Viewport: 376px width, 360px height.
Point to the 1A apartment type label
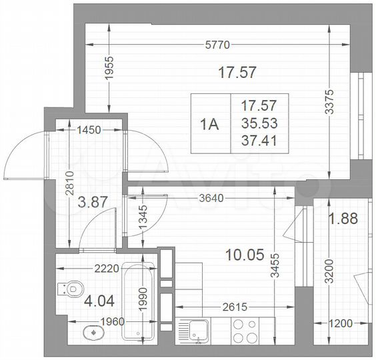pyautogui.click(x=209, y=123)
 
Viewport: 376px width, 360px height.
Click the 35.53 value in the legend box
pyautogui.click(x=259, y=123)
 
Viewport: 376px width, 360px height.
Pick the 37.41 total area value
pyautogui.click(x=259, y=139)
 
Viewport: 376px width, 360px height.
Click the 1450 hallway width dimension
pyautogui.click(x=89, y=130)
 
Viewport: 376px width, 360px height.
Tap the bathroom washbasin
pyautogui.click(x=91, y=331)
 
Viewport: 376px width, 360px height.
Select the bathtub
pyautogui.click(x=141, y=301)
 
